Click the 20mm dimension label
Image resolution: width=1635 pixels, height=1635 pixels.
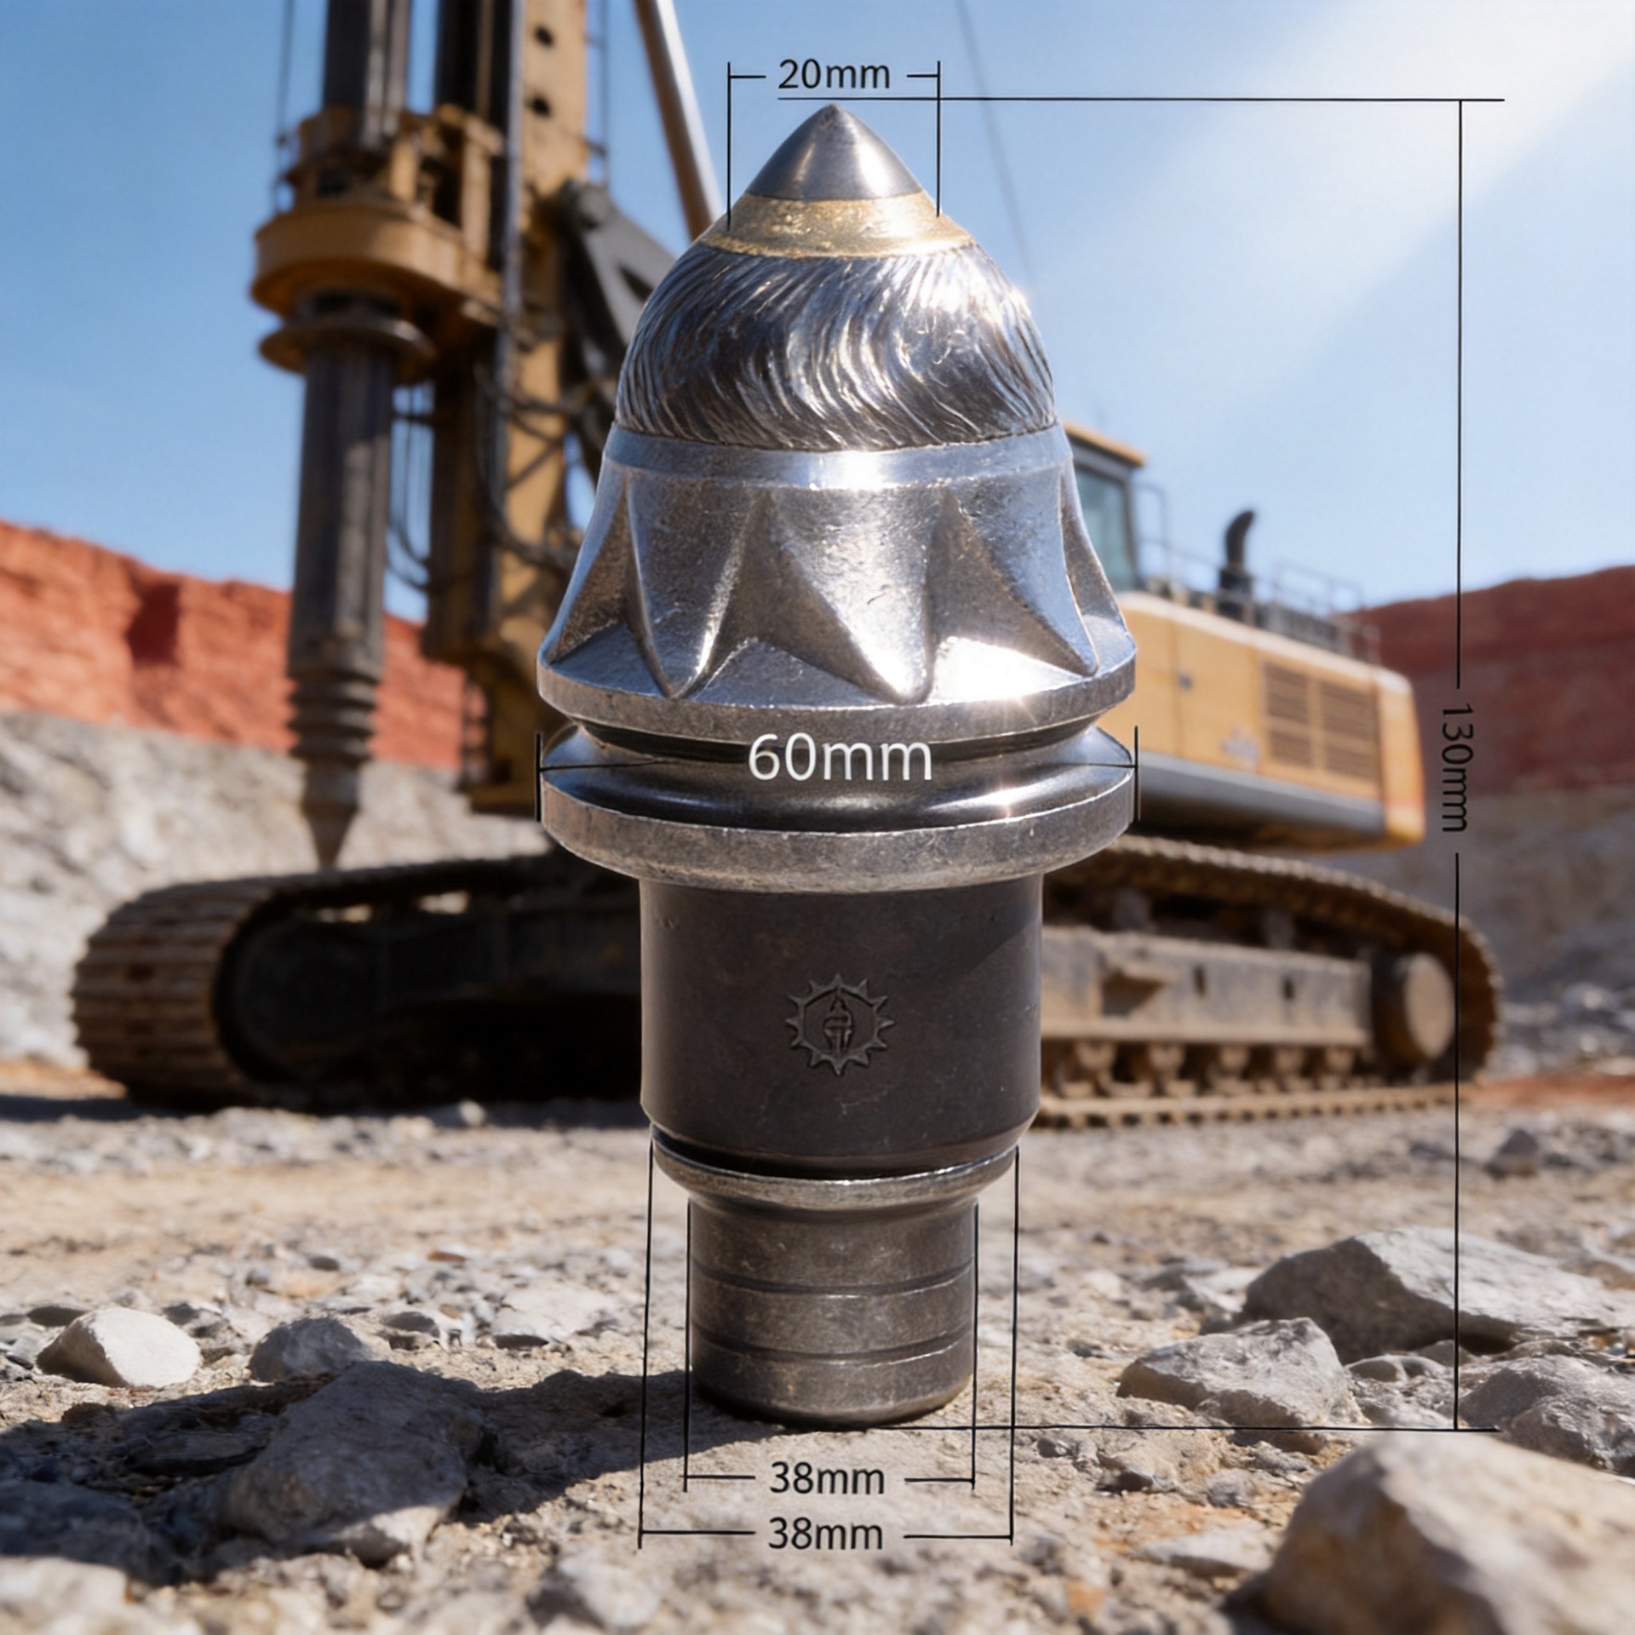[834, 76]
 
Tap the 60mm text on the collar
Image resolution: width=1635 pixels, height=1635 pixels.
[840, 758]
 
